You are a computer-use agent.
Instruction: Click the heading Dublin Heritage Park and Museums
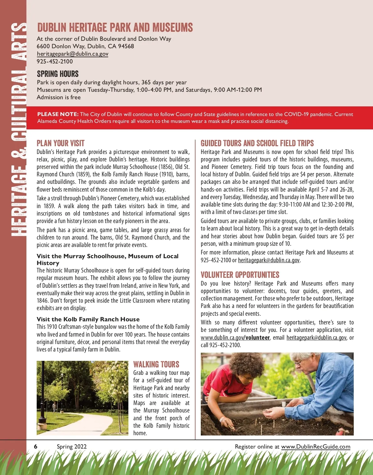115,27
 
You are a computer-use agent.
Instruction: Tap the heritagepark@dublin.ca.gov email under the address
72,54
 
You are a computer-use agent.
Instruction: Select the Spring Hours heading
58,74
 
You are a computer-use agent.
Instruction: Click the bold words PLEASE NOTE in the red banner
58,114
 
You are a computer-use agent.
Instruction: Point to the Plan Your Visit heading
61,143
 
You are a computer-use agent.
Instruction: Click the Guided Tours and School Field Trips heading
257,143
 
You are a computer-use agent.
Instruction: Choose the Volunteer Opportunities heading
240,275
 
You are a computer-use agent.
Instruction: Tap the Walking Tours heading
156,364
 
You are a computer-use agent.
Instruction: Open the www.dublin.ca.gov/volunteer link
235,338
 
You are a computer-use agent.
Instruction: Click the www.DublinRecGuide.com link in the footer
315,447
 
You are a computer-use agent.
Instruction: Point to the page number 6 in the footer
36,447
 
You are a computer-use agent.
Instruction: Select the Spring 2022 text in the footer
71,447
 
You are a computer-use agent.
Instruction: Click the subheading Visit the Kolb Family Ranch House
88,319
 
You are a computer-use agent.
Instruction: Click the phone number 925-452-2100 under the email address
55,61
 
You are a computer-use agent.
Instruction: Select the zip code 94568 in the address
126,46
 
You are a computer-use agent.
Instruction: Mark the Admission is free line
59,97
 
